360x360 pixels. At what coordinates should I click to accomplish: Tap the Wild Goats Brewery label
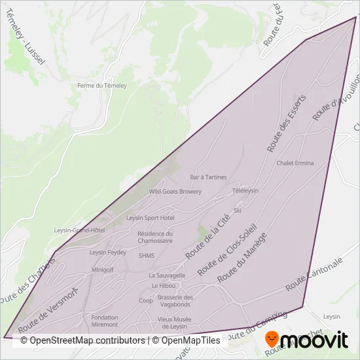point(175,192)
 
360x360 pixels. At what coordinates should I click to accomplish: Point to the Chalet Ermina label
point(295,163)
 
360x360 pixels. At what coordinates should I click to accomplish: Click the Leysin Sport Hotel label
point(150,217)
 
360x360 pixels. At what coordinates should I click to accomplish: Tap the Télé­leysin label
point(245,190)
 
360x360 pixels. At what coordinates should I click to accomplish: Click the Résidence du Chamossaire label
point(155,237)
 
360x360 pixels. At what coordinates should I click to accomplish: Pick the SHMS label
point(147,256)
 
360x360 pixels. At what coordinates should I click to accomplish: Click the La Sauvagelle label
point(168,276)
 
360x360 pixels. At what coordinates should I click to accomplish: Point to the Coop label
point(146,301)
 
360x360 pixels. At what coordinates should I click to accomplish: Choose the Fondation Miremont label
point(105,321)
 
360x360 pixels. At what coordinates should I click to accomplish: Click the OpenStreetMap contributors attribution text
point(83,340)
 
